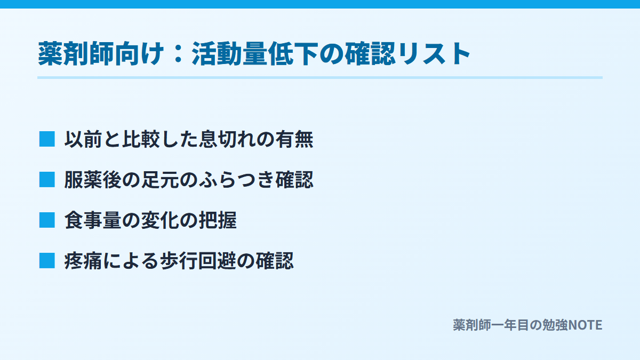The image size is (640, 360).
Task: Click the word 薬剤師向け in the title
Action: pos(101,54)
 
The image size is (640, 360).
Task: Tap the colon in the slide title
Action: pos(178,54)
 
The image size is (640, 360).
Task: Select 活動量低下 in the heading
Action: pos(255,54)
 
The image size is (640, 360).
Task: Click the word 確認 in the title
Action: pos(370,54)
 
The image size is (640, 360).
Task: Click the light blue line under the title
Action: pos(320,77)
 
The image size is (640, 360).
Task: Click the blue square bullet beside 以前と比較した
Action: pos(47,139)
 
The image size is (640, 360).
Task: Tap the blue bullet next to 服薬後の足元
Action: pos(47,180)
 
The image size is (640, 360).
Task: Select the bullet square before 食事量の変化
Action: pos(47,220)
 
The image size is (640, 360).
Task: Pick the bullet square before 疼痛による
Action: pos(47,261)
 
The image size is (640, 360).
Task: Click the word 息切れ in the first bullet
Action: pos(227,139)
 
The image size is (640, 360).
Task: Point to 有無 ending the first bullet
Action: pos(294,139)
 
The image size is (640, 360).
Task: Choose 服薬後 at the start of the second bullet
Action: pos(93,180)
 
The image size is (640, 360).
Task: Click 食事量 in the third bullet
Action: pos(93,220)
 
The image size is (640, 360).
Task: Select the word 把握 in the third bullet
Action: pos(218,220)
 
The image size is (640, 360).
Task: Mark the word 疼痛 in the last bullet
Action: pos(83,261)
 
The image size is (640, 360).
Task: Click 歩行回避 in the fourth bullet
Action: pos(198,261)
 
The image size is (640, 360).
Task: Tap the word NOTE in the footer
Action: pos(585,325)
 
